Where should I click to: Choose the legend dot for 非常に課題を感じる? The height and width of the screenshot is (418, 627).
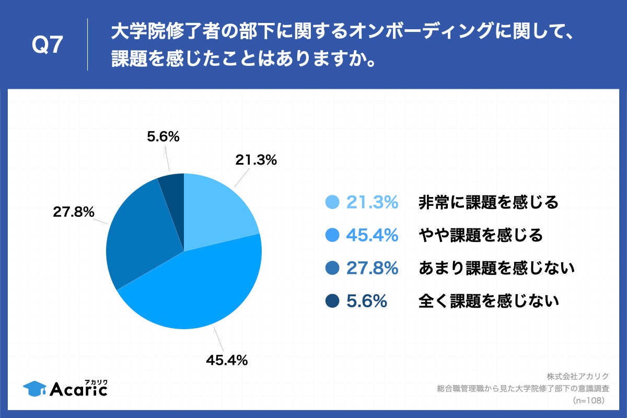pos(332,202)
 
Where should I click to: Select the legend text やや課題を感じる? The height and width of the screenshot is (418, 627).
pos(480,236)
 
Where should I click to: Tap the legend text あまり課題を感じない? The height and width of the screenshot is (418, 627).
pos(496,269)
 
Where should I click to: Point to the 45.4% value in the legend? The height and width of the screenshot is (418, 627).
pos(372,236)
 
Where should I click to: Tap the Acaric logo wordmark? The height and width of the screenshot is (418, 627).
pos(78,388)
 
